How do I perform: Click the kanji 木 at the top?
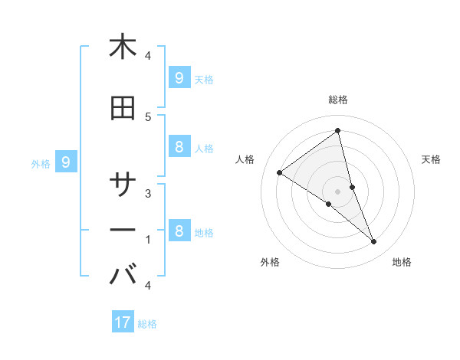123,47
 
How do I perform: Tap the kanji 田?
123,109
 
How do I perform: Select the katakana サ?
123,185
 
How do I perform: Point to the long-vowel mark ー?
123,231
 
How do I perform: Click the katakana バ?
123,273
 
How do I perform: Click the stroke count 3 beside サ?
148,193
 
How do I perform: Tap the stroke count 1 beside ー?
148,240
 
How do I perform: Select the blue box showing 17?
123,322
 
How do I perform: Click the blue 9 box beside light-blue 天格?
179,77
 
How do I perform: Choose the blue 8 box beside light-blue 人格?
179,147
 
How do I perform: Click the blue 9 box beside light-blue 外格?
66,162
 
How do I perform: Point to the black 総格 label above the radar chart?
337,100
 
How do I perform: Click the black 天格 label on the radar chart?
431,159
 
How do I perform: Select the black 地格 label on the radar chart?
402,262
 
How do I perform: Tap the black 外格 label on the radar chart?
270,262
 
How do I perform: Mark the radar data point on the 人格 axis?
279,173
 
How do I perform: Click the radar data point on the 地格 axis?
373,241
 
